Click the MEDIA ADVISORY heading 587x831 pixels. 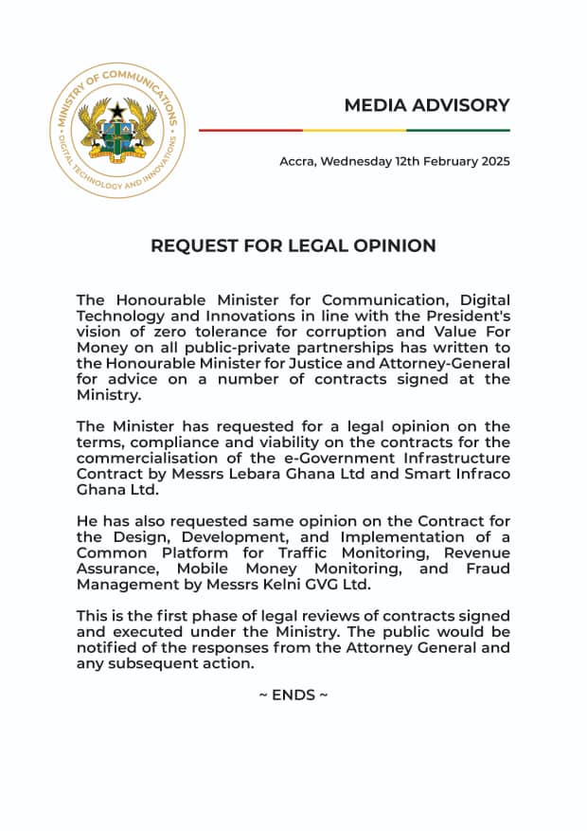coord(426,105)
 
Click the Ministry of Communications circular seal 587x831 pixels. coord(117,131)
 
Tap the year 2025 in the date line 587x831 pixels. coord(492,161)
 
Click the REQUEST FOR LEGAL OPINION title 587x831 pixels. coord(293,245)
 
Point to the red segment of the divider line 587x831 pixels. coord(251,130)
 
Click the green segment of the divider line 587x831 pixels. coord(458,130)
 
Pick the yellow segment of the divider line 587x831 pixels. coord(354,130)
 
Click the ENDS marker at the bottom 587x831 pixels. coord(293,695)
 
